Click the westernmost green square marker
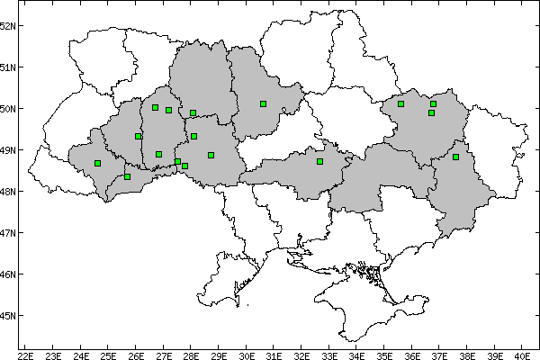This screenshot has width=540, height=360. tap(97, 163)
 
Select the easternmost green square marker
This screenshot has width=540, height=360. tap(456, 157)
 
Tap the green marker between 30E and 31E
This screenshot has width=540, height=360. tap(263, 103)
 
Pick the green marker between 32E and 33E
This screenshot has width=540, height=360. tap(319, 161)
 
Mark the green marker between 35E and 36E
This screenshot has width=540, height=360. tap(400, 103)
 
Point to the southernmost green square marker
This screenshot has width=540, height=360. tap(127, 176)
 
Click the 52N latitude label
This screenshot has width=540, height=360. tap(7, 25)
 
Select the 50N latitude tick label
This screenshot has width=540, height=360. tap(7, 109)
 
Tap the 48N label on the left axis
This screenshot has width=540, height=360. tap(7, 192)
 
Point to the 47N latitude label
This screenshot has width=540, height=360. tap(7, 233)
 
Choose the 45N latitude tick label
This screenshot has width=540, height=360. tap(7, 316)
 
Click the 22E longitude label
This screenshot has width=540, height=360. tap(25, 355)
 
